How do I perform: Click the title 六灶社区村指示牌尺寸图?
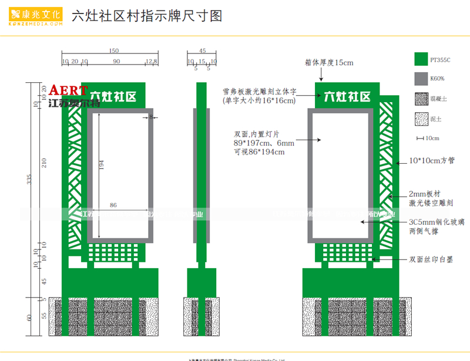point(146,16)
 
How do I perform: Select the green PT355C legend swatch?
point(420,59)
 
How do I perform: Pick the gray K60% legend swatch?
point(420,78)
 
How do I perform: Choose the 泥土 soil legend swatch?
point(420,119)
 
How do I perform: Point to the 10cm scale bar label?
point(432,139)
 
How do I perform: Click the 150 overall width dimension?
point(113,51)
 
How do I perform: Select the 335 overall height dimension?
point(30,180)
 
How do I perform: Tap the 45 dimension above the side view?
point(202,51)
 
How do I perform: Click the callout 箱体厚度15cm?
point(329,62)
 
